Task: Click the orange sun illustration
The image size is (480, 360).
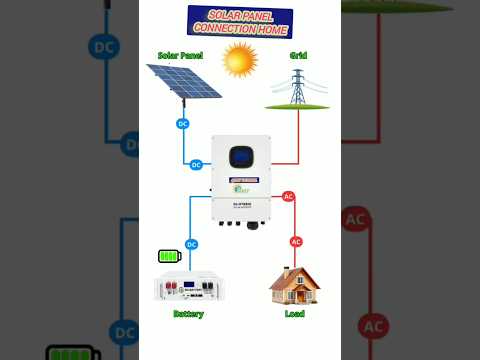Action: click(240, 60)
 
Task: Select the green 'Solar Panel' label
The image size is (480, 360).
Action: click(180, 56)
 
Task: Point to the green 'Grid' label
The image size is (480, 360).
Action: click(298, 56)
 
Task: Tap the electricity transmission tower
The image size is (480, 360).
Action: click(297, 87)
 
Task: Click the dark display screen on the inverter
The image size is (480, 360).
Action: click(240, 157)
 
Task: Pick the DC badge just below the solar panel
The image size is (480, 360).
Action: click(182, 124)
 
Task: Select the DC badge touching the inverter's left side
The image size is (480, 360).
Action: click(196, 164)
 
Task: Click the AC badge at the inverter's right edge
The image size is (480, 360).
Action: click(288, 197)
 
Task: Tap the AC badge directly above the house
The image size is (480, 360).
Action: click(296, 241)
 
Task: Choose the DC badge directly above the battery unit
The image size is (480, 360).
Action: click(191, 244)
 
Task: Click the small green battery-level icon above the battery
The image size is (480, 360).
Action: click(169, 256)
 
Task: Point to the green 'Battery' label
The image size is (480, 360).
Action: click(188, 314)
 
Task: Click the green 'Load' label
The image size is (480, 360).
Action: click(295, 314)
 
